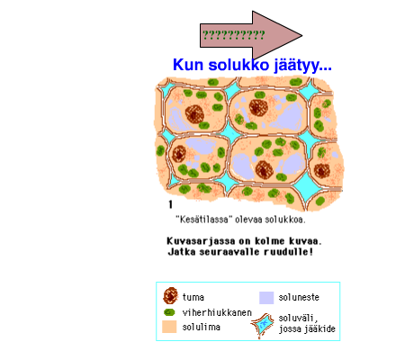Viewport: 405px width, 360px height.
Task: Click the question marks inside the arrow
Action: click(234, 35)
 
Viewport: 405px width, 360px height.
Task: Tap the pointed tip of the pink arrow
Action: click(301, 36)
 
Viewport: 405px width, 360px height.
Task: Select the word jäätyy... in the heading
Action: click(302, 66)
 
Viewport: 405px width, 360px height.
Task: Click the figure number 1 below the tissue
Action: click(170, 204)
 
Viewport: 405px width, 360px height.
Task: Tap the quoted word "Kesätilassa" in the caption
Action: click(203, 220)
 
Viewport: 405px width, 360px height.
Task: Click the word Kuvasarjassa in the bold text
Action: click(202, 241)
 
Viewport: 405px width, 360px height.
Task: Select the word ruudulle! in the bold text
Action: click(288, 251)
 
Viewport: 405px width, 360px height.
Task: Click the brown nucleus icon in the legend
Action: click(170, 295)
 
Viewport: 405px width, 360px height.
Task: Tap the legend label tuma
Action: click(193, 297)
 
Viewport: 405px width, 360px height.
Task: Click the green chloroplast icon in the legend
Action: click(169, 312)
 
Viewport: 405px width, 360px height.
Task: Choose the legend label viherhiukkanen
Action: click(217, 312)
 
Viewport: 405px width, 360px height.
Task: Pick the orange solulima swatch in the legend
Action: click(169, 327)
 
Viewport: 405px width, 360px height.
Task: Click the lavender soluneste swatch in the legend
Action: click(266, 298)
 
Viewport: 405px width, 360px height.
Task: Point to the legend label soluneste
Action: click(299, 297)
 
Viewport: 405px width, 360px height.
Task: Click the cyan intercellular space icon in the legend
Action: click(263, 325)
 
